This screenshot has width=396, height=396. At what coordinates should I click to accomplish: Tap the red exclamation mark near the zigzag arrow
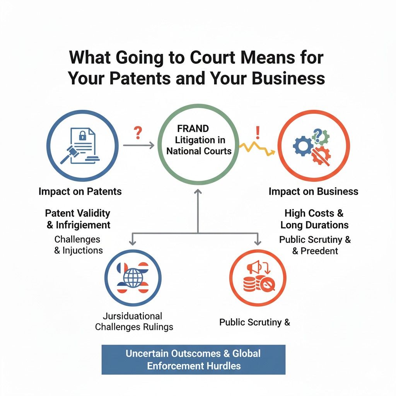(x=257, y=133)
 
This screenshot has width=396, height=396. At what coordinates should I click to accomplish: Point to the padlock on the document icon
(x=82, y=136)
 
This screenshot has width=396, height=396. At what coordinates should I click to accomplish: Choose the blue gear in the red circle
(x=303, y=146)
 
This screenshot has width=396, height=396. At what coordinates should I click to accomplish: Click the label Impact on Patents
(x=80, y=191)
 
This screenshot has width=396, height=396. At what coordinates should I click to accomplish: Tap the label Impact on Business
(x=313, y=191)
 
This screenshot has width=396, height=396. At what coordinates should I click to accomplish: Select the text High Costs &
(x=314, y=213)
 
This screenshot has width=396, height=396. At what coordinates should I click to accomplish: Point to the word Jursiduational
(x=133, y=316)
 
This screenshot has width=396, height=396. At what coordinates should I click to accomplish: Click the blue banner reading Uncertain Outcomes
(x=193, y=359)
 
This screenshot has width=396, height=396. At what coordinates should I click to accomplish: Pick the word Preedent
(x=320, y=251)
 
